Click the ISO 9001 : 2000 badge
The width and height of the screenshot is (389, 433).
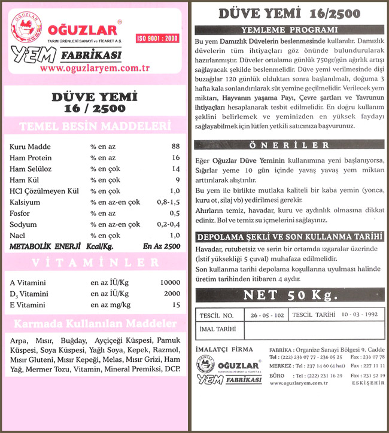point(158,38)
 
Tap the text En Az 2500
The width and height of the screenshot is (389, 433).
point(162,246)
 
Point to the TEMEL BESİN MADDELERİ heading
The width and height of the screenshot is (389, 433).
point(96,127)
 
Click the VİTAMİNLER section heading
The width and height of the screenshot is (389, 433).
point(96,263)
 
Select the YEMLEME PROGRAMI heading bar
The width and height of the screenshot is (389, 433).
point(289,29)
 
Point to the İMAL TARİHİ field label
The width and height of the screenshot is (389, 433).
point(216,329)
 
